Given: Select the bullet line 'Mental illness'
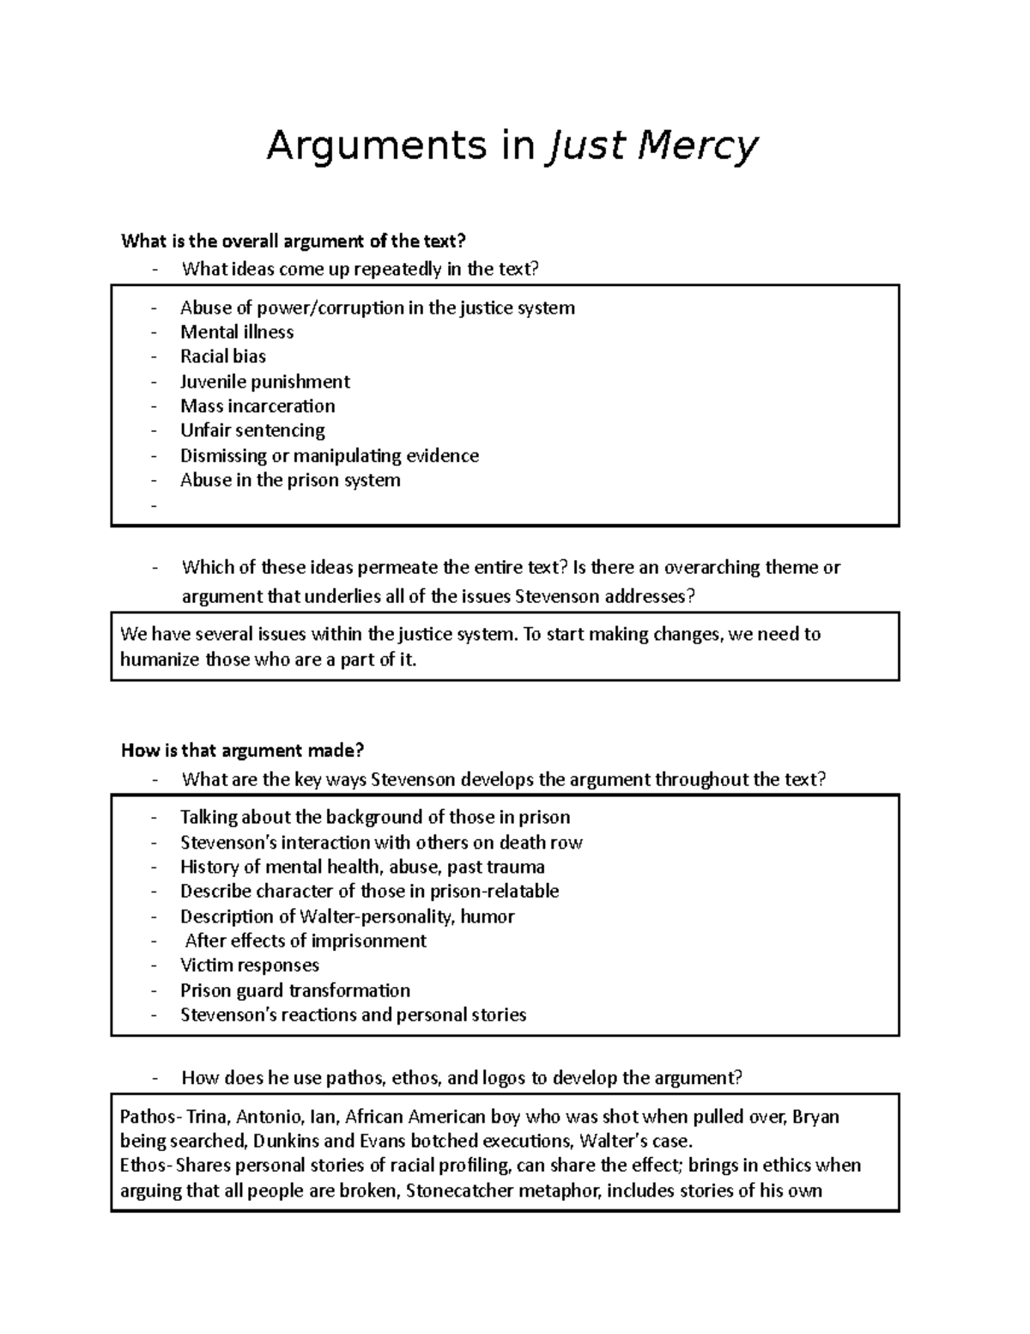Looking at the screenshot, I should pos(237,332).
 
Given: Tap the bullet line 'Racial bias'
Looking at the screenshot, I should pos(223,356).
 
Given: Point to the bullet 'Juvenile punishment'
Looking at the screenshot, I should pos(264,381).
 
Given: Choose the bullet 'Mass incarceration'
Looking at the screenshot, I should pos(257,405).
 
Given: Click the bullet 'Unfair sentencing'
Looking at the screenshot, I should pos(252,430).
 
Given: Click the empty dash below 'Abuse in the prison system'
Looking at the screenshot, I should pos(154,506).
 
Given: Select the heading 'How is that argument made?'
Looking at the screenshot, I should pos(243,751).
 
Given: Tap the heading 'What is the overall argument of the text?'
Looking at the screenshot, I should pos(297,241).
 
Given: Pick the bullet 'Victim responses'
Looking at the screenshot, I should pos(249,965).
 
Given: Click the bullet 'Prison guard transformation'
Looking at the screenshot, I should pos(295,990).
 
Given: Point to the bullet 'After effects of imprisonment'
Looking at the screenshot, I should pos(306,941).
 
